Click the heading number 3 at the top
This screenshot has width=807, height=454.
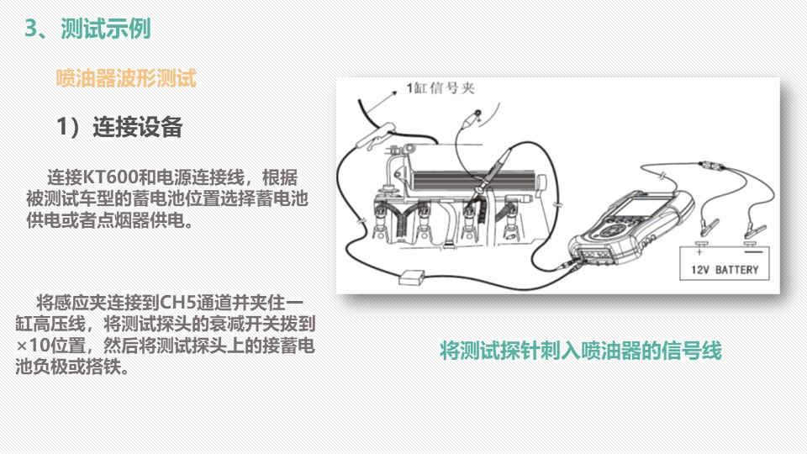[x=31, y=29]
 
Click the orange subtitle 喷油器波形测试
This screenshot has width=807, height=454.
[x=126, y=78]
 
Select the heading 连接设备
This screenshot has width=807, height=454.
[x=137, y=127]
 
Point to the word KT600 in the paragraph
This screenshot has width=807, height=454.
[x=109, y=177]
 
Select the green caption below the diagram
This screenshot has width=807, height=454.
[x=581, y=351]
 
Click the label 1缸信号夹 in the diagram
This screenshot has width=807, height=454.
[x=440, y=88]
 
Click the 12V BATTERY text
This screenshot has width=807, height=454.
[x=725, y=270]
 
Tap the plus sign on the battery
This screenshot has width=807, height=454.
[x=699, y=251]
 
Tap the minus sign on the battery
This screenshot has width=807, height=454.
[x=753, y=251]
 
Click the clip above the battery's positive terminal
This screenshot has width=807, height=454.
[x=708, y=226]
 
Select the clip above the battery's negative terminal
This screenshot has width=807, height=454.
[x=755, y=231]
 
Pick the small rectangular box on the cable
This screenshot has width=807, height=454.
[x=412, y=277]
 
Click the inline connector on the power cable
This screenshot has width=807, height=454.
[x=711, y=166]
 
